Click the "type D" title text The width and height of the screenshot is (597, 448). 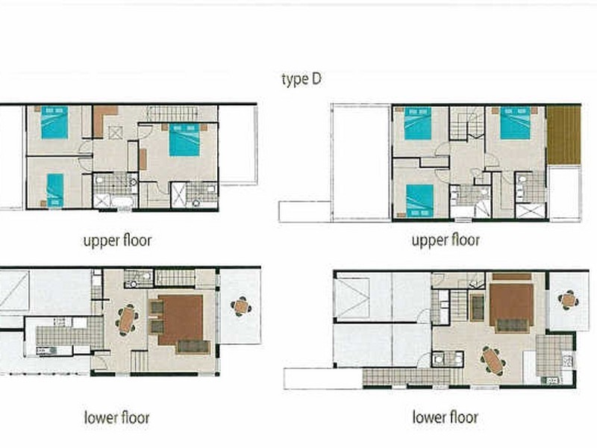tap(301, 79)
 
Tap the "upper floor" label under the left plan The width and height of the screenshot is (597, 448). tap(117, 240)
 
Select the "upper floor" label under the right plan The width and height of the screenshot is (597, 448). tap(446, 240)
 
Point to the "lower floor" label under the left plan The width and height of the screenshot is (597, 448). tap(117, 417)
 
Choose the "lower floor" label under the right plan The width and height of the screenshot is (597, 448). tap(445, 417)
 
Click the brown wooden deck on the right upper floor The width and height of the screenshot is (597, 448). tap(564, 135)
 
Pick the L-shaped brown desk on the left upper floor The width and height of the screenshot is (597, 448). tap(103, 118)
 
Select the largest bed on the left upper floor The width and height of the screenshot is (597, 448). tap(184, 140)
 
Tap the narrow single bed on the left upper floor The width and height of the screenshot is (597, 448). tap(55, 190)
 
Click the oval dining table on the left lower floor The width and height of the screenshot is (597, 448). tap(127, 320)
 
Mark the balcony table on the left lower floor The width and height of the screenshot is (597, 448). tap(240, 307)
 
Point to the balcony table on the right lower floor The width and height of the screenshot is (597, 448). tap(569, 300)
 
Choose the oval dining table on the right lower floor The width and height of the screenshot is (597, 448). tap(493, 361)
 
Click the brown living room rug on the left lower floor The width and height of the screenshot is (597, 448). tap(181, 320)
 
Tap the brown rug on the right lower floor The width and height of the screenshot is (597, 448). tap(511, 305)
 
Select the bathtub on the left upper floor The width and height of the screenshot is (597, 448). tap(122, 202)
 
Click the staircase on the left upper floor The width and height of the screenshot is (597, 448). tap(172, 113)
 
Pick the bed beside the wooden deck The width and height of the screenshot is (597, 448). tap(515, 123)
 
